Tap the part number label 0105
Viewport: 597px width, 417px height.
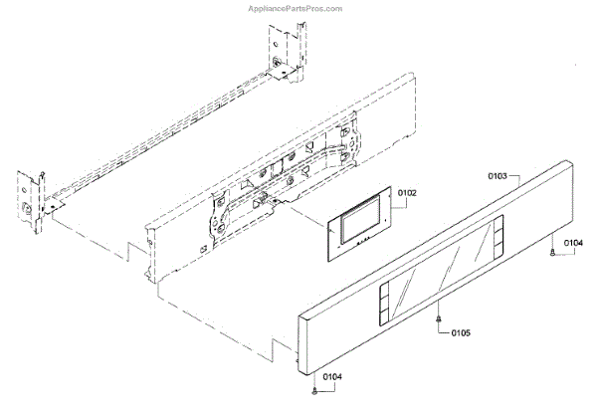pos(461,332)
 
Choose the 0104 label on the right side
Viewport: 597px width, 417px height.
pos(573,242)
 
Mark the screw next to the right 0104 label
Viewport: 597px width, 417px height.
pos(551,257)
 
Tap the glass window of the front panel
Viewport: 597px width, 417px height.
pos(437,270)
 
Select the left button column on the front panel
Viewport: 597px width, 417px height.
pos(383,304)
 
